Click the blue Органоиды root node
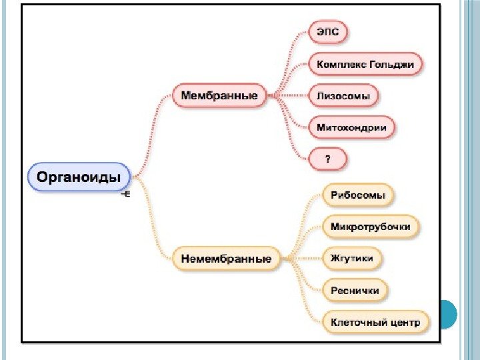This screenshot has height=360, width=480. tap(78, 177)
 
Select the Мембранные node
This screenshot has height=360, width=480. tap(219, 95)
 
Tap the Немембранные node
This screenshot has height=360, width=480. tap(227, 258)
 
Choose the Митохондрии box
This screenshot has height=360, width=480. tap(351, 127)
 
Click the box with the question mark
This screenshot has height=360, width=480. tap(328, 158)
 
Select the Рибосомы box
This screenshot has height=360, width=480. tap(358, 195)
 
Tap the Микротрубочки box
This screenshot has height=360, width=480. tap(370, 227)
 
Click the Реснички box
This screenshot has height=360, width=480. tap(355, 290)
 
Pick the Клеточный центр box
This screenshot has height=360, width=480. tap(375, 322)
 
